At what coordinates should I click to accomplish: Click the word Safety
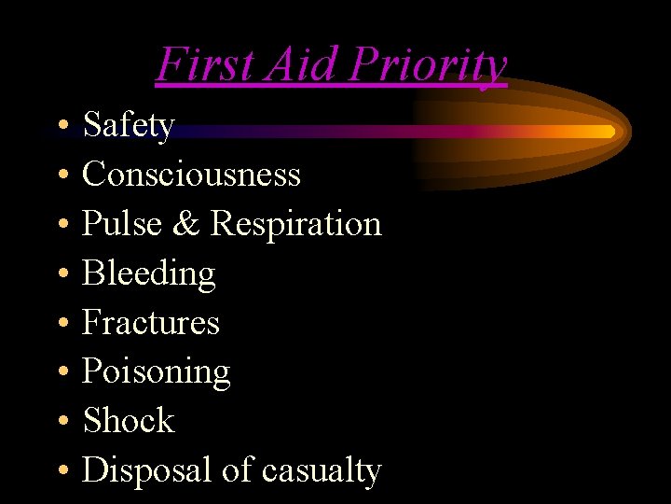(129, 125)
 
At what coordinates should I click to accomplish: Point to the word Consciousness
(191, 174)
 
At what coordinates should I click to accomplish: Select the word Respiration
(295, 225)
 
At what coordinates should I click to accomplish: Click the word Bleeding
(149, 274)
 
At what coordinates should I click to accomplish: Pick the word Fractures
(151, 322)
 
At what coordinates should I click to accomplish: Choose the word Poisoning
(156, 372)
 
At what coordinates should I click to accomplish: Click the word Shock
(129, 421)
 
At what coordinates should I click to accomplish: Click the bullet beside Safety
(61, 126)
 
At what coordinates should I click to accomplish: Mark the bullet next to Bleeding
(61, 274)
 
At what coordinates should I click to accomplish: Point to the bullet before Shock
(61, 422)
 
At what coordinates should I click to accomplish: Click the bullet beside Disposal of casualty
(61, 471)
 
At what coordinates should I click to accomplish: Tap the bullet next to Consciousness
(61, 175)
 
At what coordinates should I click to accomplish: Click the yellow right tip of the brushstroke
(608, 132)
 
